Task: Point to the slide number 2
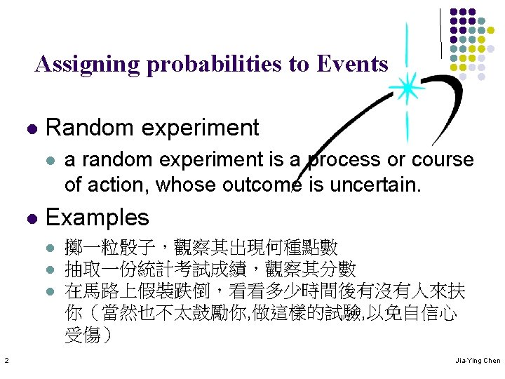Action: (6, 361)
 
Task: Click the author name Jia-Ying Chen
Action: (476, 361)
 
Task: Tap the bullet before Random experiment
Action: (30, 129)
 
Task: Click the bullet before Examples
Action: (30, 218)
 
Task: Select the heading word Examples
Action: (97, 218)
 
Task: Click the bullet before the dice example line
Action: (50, 248)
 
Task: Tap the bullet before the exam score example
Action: (50, 270)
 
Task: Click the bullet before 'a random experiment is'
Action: (50, 161)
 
